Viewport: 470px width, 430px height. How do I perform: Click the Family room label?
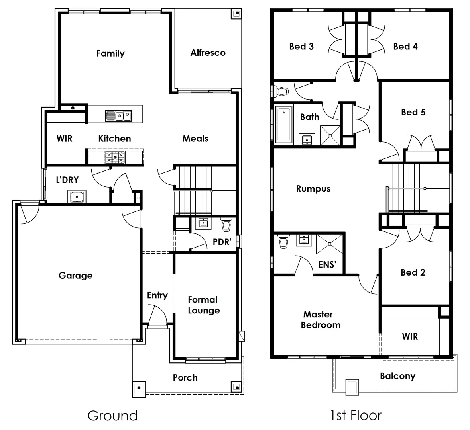tap(110, 53)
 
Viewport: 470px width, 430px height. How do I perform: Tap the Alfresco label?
tap(208, 53)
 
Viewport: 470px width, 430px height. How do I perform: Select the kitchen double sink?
tap(118, 116)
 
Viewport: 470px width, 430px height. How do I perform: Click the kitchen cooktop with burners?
tap(114, 157)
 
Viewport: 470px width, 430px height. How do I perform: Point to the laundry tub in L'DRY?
tap(77, 197)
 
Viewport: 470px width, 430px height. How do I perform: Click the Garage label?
tap(75, 276)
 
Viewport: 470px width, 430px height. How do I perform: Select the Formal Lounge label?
tap(203, 305)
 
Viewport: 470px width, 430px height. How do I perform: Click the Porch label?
tap(185, 377)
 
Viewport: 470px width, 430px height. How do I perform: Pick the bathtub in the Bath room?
tap(284, 124)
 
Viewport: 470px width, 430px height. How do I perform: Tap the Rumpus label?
tap(313, 189)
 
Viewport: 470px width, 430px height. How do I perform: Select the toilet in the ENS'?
tap(284, 242)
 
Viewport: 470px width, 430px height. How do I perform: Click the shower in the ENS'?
tap(329, 244)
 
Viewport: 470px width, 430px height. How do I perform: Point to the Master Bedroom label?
tap(320, 320)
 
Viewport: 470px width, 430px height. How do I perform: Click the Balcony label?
tap(397, 376)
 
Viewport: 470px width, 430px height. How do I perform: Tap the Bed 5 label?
tap(413, 112)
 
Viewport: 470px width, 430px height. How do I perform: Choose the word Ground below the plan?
tap(112, 416)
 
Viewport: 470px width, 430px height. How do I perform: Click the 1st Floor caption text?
tap(356, 416)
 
